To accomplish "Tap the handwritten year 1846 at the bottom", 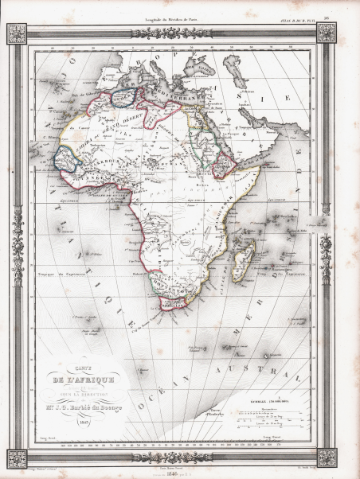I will tap(180, 470).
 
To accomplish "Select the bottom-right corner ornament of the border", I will tap(327, 456).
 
